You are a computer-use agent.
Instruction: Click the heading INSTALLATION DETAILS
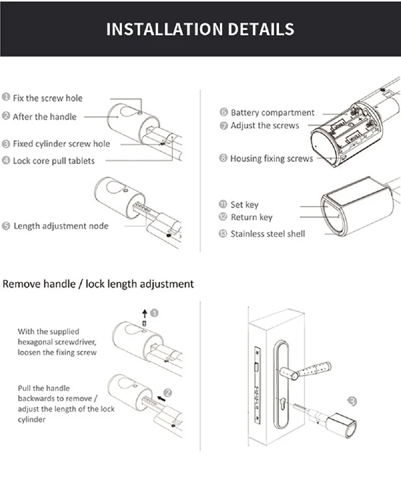200,29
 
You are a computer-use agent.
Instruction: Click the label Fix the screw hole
48,98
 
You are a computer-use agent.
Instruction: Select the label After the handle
44,117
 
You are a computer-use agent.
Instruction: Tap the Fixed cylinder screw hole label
61,144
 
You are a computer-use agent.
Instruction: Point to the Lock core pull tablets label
53,160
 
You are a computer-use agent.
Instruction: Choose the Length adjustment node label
60,226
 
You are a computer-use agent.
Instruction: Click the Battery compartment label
272,113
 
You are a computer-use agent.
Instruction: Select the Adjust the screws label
265,126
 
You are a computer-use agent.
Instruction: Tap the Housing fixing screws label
271,159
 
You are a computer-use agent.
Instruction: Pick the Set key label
244,204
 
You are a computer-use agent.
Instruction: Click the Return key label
251,217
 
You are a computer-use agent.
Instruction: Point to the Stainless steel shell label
267,234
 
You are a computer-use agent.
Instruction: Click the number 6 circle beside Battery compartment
223,113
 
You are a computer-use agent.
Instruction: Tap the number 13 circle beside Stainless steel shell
223,234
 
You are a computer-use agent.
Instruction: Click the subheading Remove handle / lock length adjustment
98,283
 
